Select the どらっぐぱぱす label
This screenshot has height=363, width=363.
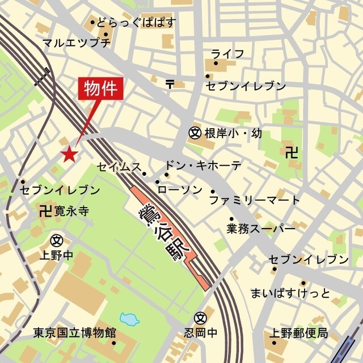(136, 23)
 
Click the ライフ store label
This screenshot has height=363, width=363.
(227, 54)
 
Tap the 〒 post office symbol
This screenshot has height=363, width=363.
(170, 84)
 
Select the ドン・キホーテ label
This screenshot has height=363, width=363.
(203, 166)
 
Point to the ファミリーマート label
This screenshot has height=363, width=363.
(255, 200)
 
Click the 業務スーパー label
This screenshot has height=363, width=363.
(261, 229)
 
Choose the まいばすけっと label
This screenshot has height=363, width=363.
(290, 293)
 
